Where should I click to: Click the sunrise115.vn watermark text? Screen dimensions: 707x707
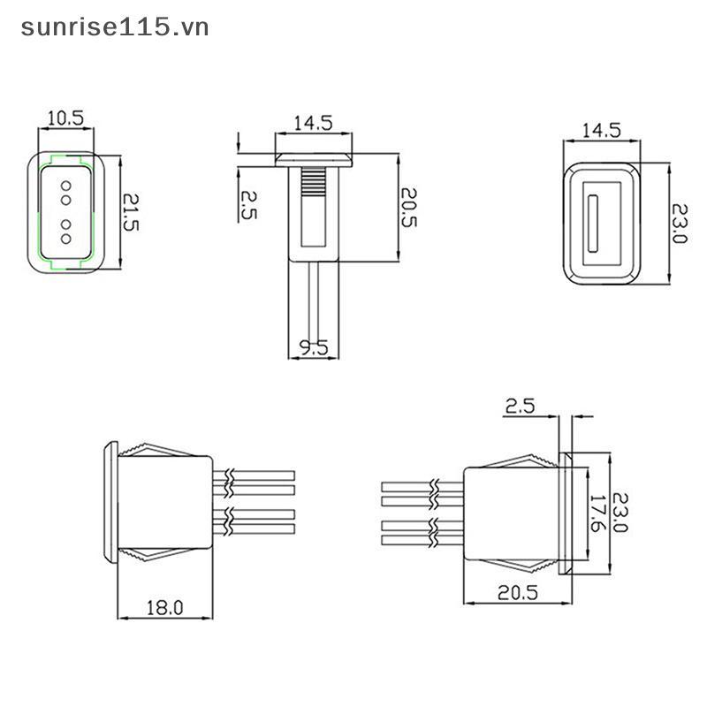coord(115,27)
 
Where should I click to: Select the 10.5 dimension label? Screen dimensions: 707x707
coord(65,118)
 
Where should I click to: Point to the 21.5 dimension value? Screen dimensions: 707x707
coord(131,212)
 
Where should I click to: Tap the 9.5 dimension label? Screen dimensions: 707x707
coord(314,347)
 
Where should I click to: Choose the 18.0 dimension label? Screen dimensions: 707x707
coord(165,608)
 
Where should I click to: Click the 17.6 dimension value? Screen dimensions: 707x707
coord(597,513)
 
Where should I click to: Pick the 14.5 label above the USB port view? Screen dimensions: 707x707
coord(602,130)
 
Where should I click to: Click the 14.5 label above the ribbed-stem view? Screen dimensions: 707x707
coord(314,123)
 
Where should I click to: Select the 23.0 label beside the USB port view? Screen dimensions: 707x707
coord(680,224)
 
